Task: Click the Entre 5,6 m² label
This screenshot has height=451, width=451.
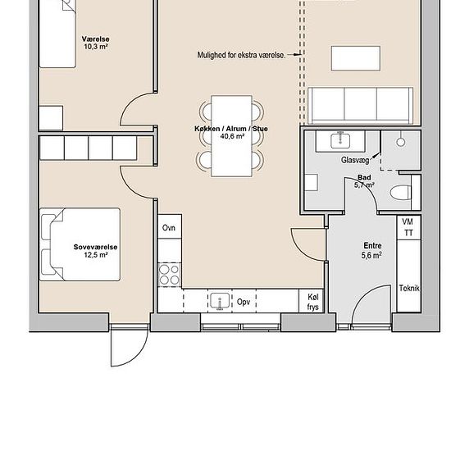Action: (373, 250)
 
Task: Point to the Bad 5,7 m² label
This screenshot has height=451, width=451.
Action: (364, 180)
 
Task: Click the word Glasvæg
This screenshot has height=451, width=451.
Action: (355, 161)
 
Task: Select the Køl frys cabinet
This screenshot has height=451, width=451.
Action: (312, 302)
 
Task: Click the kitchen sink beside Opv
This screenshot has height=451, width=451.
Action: (219, 301)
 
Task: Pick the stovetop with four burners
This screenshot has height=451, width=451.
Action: (170, 273)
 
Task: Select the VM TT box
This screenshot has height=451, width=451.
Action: (408, 228)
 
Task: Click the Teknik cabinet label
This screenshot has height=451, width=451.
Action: (408, 288)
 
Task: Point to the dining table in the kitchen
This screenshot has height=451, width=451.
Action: (230, 135)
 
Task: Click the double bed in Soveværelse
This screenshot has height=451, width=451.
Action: (80, 244)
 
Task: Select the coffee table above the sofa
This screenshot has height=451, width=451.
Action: (355, 58)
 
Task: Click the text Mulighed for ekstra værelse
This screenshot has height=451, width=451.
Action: (241, 55)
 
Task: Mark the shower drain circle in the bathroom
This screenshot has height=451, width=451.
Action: (401, 142)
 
